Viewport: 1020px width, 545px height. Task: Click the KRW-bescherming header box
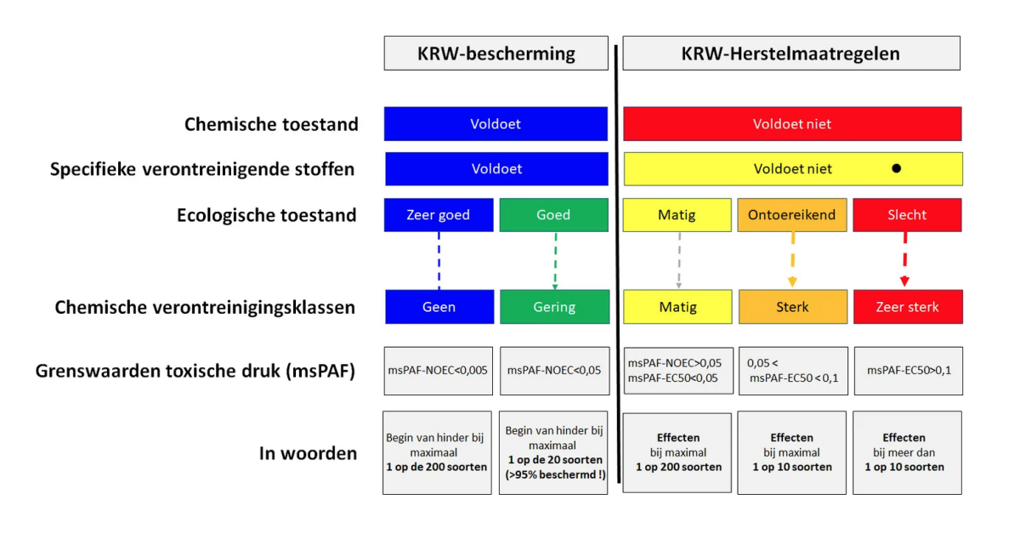pos(496,54)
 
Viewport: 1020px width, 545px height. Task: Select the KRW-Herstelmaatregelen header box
pos(791,54)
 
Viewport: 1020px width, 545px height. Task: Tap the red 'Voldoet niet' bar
pos(792,124)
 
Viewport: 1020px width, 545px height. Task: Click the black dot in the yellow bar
pos(896,168)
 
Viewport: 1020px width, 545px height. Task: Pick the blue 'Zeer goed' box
pos(439,215)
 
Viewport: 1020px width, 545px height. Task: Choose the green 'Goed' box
pos(553,215)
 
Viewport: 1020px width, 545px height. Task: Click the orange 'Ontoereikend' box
pos(792,215)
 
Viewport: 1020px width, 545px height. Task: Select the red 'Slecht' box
pos(907,215)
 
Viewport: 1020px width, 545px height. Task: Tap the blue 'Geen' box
pos(439,307)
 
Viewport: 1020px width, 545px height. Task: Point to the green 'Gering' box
pos(554,307)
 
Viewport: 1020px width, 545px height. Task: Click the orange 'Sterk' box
pos(793,307)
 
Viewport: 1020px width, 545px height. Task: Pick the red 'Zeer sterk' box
pos(908,307)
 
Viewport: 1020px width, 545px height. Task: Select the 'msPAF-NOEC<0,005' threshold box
pos(438,371)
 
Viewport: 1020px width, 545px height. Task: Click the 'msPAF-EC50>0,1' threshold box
pos(909,371)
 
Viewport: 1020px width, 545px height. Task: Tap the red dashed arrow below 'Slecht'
pos(904,259)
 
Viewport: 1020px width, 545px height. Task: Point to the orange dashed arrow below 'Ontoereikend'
pos(792,259)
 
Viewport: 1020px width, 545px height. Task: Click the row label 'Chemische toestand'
pos(271,124)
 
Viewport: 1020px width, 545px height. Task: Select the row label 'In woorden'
pos(308,453)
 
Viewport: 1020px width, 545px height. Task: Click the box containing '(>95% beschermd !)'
pos(553,452)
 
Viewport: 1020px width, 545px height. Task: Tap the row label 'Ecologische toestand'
pos(266,215)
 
